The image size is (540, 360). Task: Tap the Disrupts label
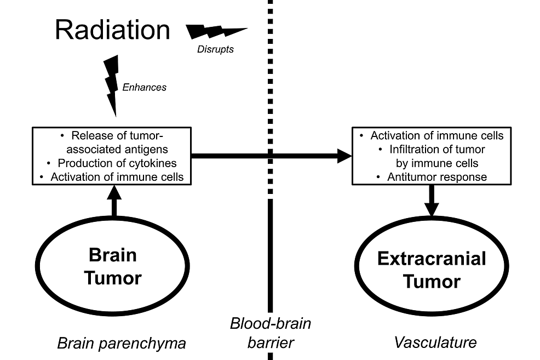215,49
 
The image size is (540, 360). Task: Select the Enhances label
145,87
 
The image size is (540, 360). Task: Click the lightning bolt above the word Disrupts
216,32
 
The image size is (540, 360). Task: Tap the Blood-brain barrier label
271,333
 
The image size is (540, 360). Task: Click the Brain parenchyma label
122,344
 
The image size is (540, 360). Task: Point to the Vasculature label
435,342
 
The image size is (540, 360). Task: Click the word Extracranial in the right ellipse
432,259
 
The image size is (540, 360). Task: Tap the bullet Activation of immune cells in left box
117,177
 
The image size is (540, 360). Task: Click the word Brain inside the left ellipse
112,255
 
